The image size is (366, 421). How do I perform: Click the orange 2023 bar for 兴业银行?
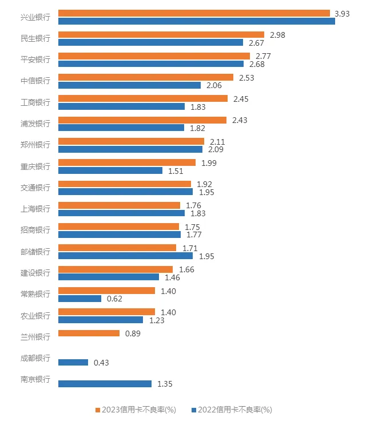[x=194, y=13]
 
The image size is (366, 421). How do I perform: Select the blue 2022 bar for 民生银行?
[x=151, y=42]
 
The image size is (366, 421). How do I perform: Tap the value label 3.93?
[x=343, y=13]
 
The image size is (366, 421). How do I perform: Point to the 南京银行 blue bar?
[x=105, y=384]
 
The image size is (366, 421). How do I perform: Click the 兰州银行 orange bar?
[x=89, y=333]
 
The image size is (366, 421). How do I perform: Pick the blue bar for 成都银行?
[x=73, y=363]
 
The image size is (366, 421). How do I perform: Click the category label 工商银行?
[x=35, y=102]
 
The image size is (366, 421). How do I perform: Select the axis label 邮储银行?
[x=35, y=252]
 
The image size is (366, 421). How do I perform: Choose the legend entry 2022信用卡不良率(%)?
[x=234, y=410]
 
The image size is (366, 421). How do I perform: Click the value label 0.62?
[x=115, y=299]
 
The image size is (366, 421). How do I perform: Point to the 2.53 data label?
[x=246, y=77]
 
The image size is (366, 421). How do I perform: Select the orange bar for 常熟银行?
[x=107, y=291]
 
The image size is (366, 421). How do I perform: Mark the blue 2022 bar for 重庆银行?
[x=111, y=170]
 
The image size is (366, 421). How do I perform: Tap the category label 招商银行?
[x=35, y=230]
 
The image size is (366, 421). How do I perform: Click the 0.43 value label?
[x=101, y=363]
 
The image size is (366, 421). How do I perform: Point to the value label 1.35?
[x=164, y=384]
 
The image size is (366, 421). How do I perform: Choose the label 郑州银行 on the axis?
[x=35, y=145]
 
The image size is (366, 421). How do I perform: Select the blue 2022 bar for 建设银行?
[x=109, y=277]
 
